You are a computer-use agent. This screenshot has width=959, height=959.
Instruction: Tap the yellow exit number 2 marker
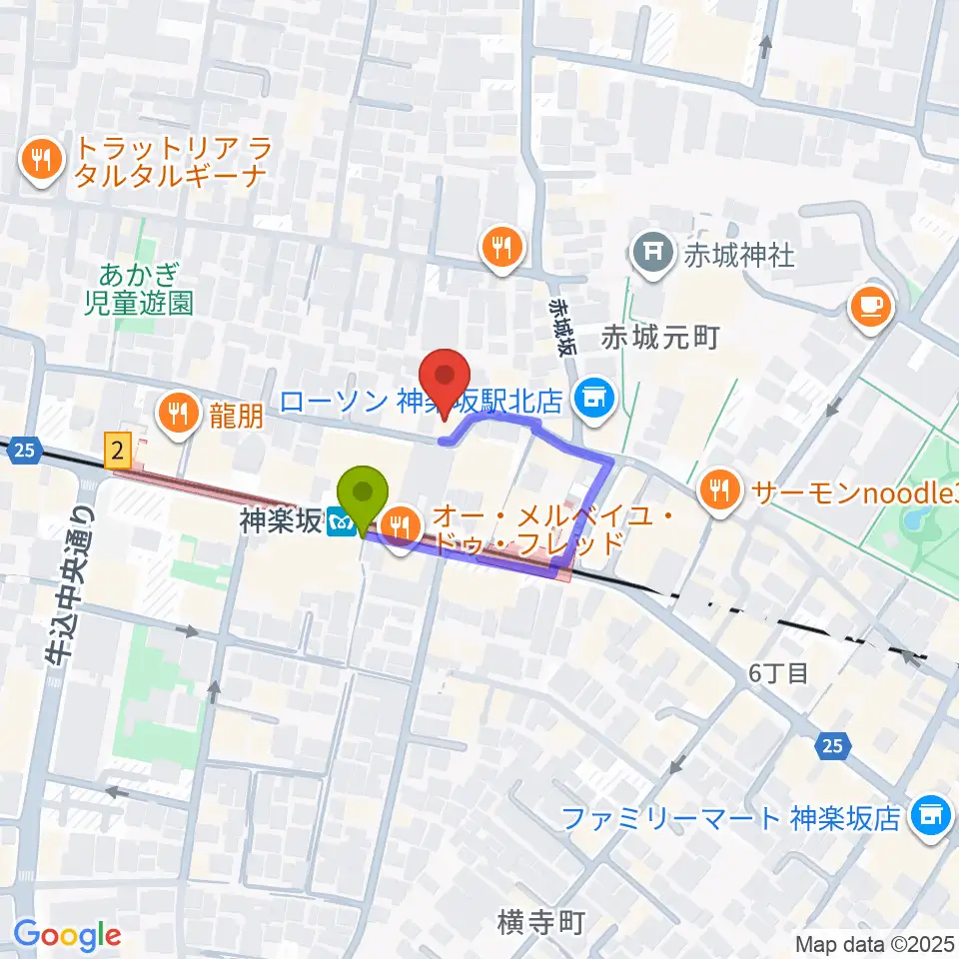[119, 453]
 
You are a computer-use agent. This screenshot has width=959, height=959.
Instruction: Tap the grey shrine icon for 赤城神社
[653, 255]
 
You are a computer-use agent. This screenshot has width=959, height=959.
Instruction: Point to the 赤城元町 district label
[660, 338]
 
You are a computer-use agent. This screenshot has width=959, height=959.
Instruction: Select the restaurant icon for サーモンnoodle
[720, 488]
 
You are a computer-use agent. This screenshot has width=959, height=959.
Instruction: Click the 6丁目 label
[778, 672]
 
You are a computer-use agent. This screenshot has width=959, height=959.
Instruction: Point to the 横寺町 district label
[539, 921]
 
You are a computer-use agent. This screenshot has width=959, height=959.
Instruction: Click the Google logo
[67, 936]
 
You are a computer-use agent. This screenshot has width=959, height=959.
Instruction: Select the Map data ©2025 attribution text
[874, 943]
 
